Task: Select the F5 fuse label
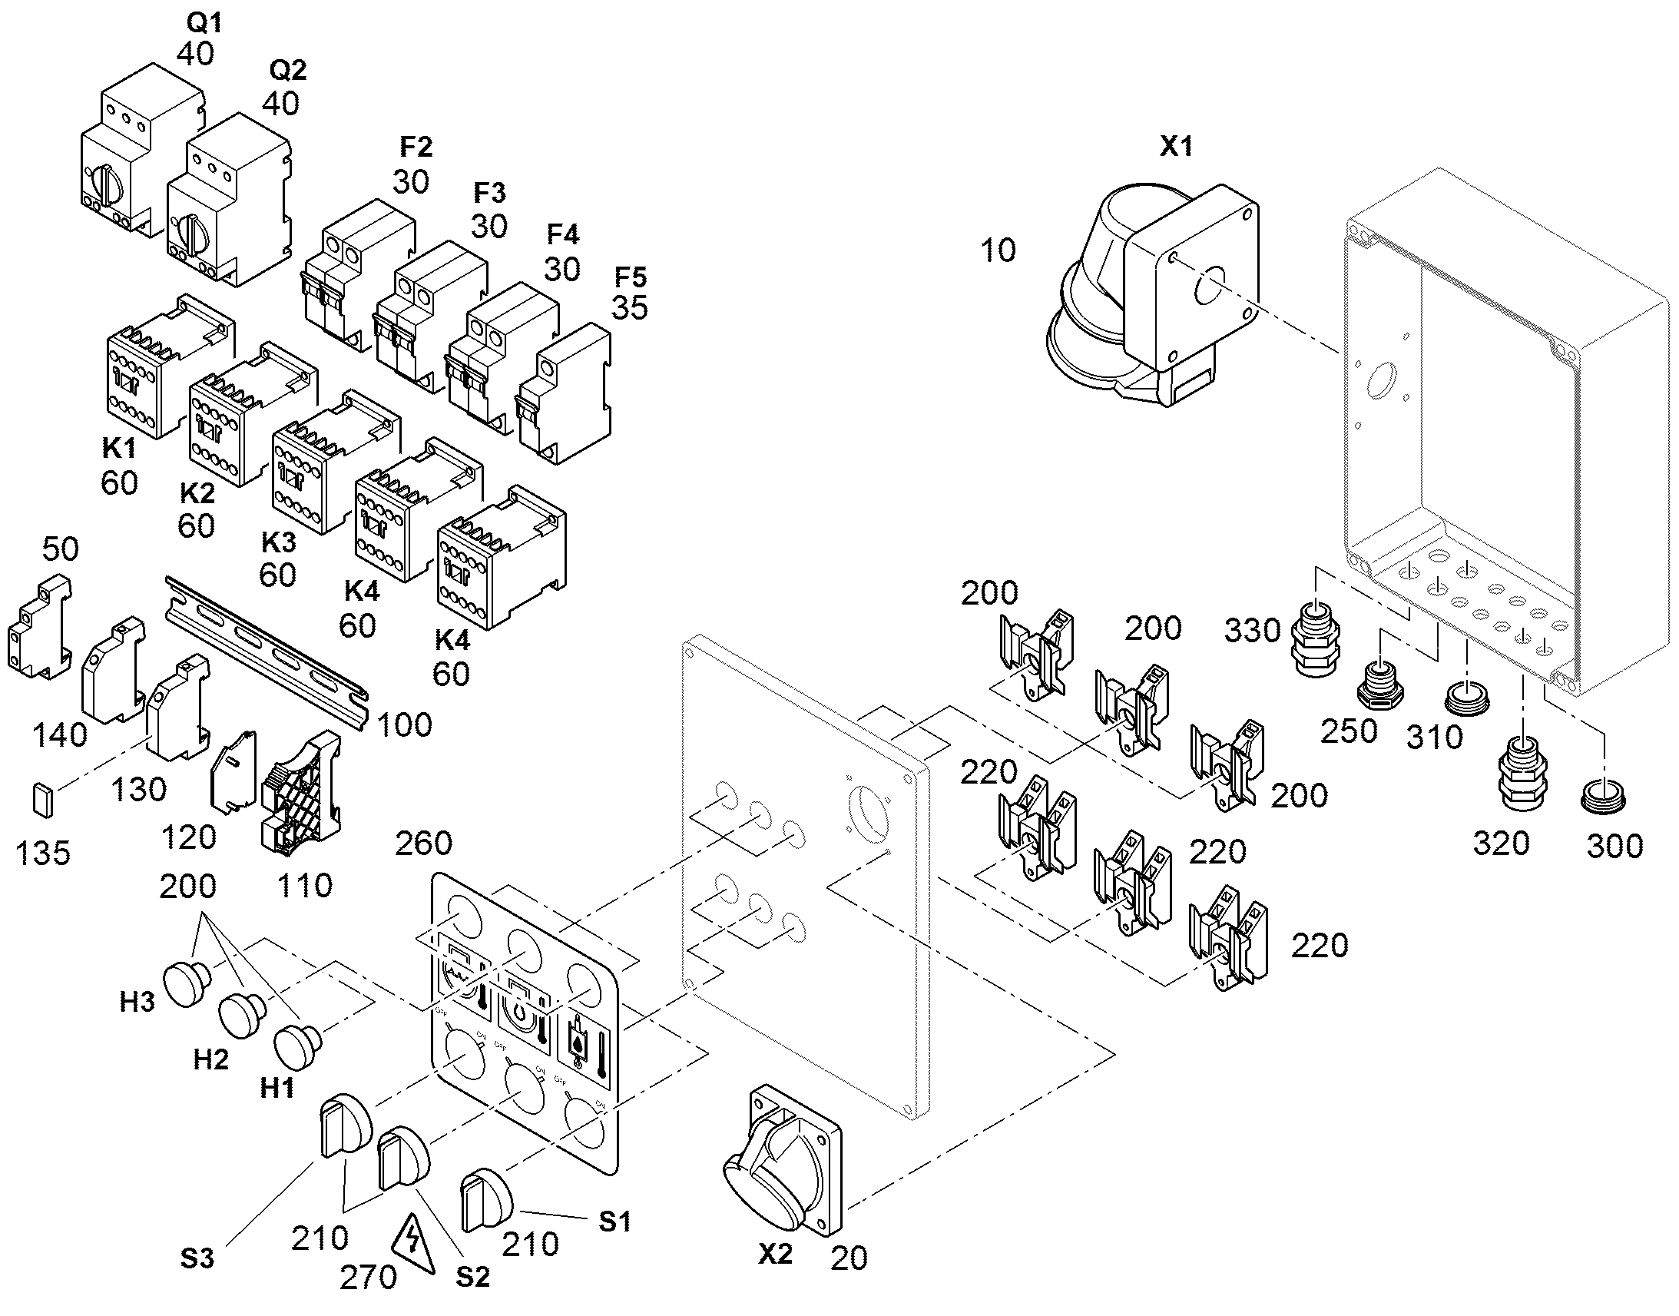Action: click(631, 277)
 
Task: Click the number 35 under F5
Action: click(630, 308)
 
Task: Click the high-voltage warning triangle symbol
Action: click(412, 1245)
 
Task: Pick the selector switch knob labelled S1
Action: click(487, 1199)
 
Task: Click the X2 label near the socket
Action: click(775, 1255)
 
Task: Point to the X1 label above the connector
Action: click(1176, 147)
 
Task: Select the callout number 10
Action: click(998, 250)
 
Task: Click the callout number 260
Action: click(423, 844)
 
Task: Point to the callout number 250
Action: click(1349, 731)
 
